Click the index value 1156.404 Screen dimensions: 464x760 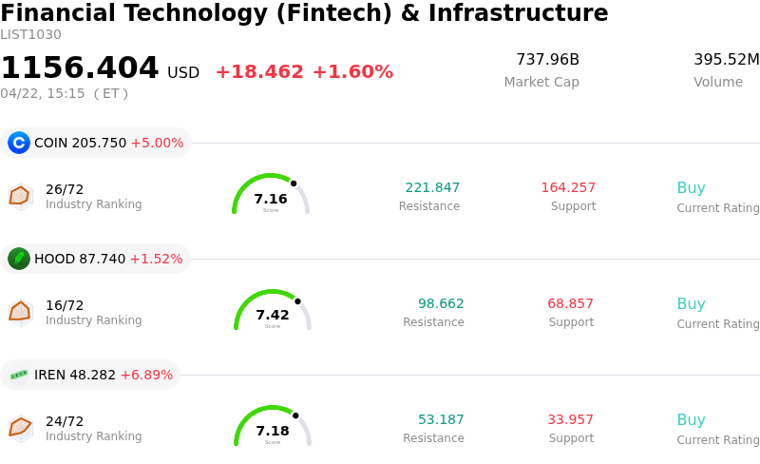pos(80,68)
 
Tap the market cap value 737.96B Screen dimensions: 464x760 pos(547,60)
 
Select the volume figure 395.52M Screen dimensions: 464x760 pos(726,60)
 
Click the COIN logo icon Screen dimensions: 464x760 pos(19,143)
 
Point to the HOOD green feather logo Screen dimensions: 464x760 pos(19,259)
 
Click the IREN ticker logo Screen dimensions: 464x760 pos(19,375)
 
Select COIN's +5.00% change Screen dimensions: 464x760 pos(157,143)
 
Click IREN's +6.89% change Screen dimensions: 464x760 pos(146,375)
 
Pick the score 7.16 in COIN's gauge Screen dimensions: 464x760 pos(271,199)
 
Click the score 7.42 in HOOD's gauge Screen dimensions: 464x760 pos(273,315)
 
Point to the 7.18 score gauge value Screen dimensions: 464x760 pos(273,431)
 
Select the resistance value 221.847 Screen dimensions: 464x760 pos(432,187)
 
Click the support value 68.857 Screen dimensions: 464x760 pos(570,303)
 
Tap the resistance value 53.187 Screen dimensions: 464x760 pos(441,419)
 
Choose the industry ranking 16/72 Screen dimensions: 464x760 pos(65,305)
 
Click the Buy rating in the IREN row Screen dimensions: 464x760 pos(691,419)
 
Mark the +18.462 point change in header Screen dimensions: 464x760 pos(259,71)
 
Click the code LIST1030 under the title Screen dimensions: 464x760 pos(30,35)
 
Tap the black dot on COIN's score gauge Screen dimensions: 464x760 pos(294,184)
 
